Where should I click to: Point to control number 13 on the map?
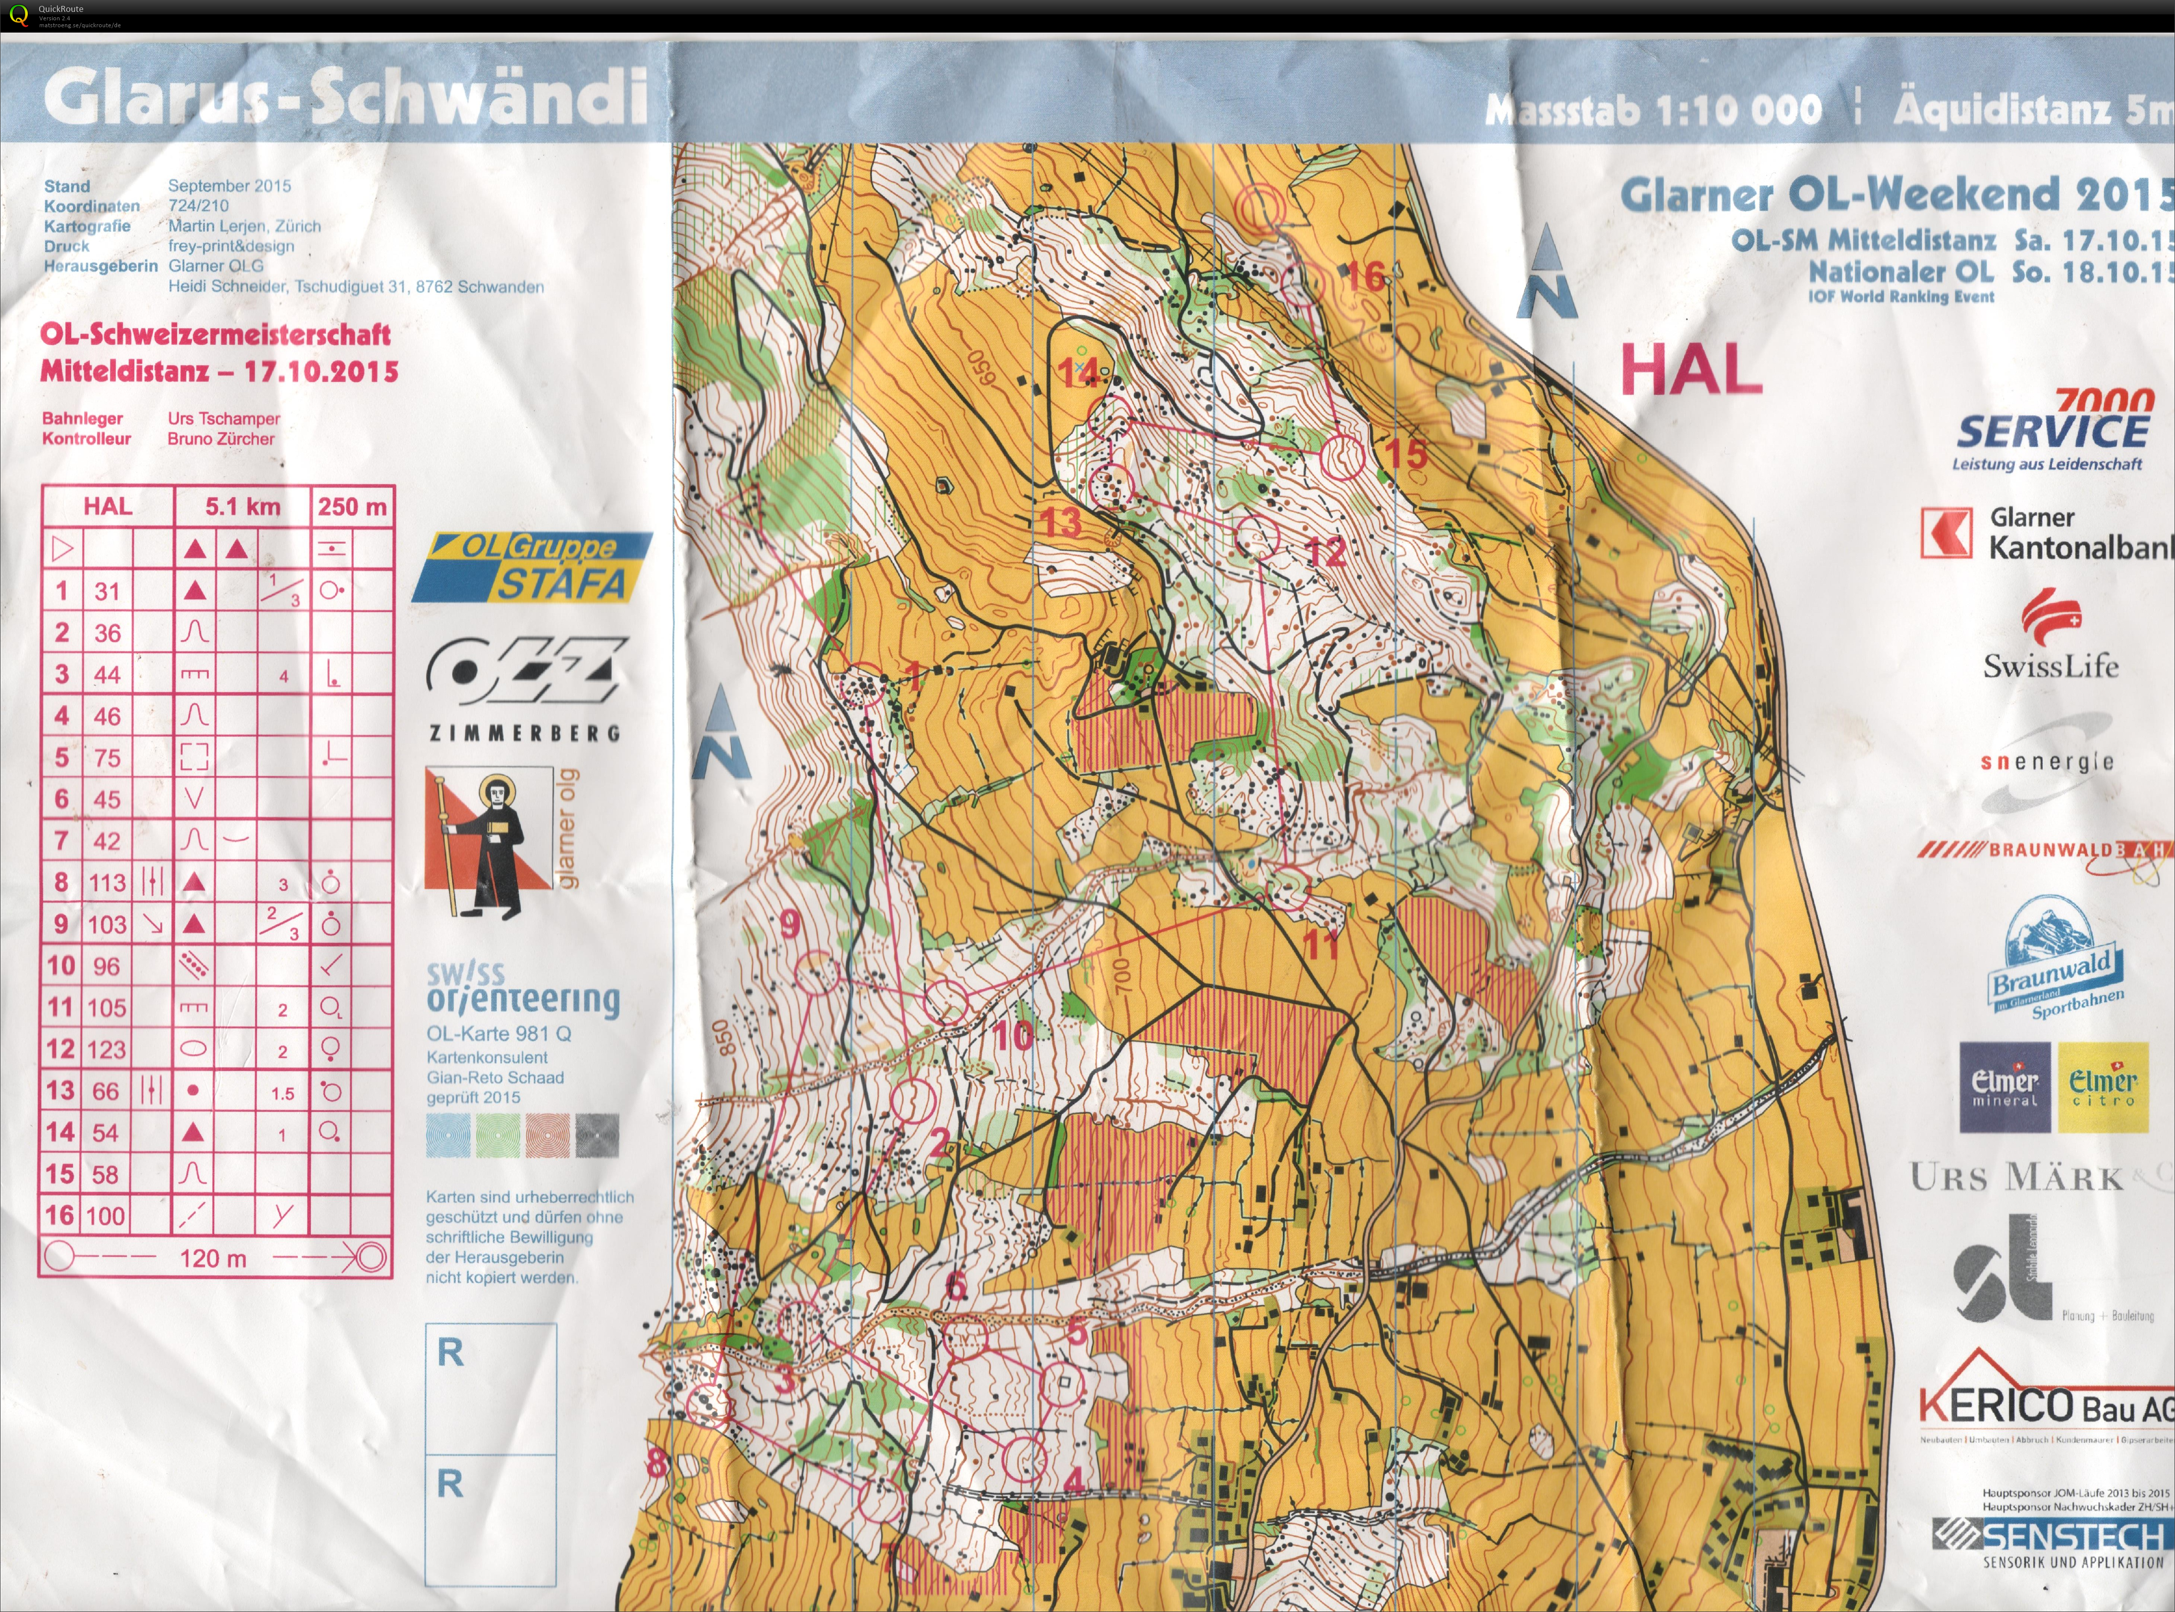[x=1061, y=522]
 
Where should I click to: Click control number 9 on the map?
[x=790, y=923]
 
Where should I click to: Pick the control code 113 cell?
[x=108, y=882]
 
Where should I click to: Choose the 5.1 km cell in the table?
[x=242, y=506]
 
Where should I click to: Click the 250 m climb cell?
[x=351, y=506]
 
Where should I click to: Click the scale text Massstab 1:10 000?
[x=1653, y=110]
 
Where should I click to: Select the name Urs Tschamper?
[x=223, y=419]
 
